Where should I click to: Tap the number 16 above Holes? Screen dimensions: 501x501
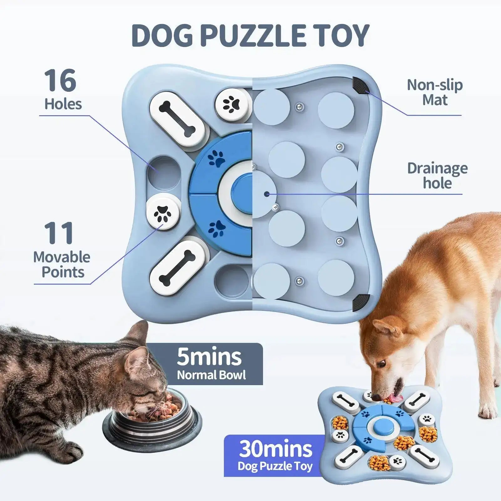pyautogui.click(x=60, y=80)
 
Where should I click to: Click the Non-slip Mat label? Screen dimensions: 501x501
pyautogui.click(x=435, y=92)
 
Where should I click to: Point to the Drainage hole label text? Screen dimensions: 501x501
pyautogui.click(x=437, y=176)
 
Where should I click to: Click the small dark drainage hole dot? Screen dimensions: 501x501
pyautogui.click(x=266, y=194)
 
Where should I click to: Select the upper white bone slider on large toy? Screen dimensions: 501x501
pyautogui.click(x=177, y=119)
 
